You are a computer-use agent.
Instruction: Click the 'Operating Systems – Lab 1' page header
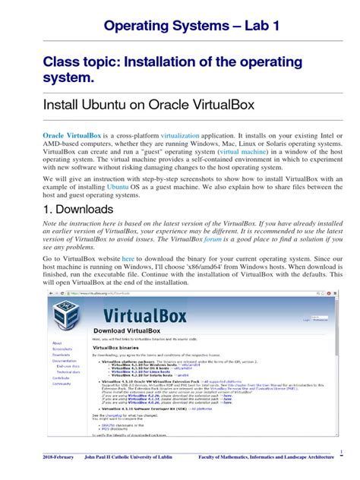click(180, 25)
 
